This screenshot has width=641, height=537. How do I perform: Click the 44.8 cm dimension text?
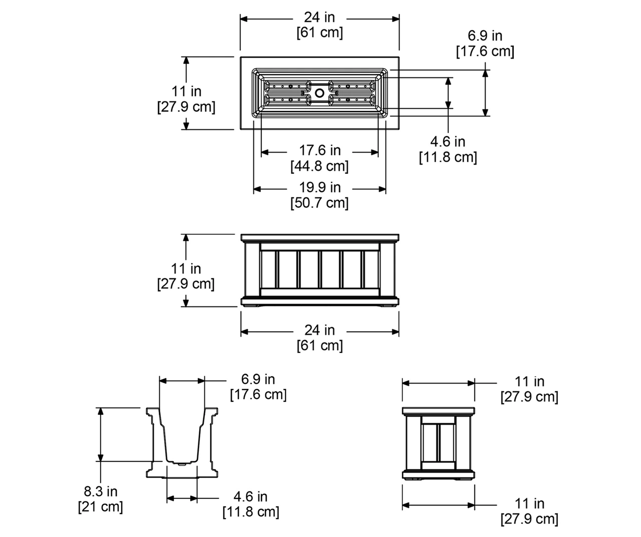coord(319,166)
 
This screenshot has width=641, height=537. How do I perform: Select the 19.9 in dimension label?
coord(319,187)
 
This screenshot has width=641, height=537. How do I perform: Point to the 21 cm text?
coord(100,506)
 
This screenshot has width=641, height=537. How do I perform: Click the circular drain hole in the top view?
coord(319,93)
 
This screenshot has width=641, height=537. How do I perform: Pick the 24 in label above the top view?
coord(319,17)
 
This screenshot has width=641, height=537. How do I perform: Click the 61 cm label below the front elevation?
coord(319,345)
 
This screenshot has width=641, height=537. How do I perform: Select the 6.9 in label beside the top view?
coord(485,36)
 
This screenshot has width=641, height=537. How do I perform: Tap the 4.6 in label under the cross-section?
coord(250,496)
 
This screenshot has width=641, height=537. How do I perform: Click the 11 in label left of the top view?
coord(186,91)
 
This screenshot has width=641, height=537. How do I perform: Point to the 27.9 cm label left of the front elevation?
coord(186,284)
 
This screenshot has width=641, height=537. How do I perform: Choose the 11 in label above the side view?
coord(529,381)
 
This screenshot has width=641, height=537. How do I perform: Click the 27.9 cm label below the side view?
coord(529,519)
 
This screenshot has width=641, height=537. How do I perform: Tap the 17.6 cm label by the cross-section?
coord(258,394)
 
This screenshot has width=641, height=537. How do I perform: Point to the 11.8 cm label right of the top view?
coord(448,157)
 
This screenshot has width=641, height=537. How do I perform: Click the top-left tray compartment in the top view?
coord(287,86)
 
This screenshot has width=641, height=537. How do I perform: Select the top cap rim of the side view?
coord(438,411)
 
